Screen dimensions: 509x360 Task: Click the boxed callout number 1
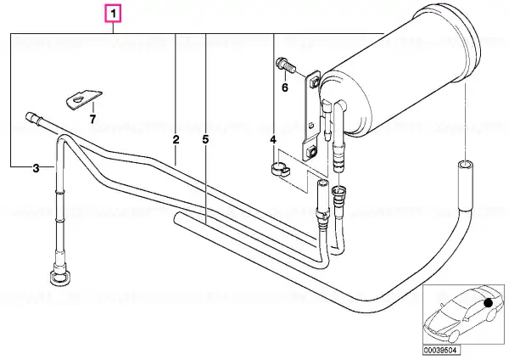coord(113,14)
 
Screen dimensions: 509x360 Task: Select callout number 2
coord(176,140)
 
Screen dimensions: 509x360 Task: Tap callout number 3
coord(36,168)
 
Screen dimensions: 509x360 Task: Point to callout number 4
coord(273,140)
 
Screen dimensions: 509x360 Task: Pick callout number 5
coord(205,140)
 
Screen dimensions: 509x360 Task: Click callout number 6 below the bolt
coord(285,87)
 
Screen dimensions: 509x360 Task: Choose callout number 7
coord(92,119)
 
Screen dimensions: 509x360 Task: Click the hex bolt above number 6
coord(285,65)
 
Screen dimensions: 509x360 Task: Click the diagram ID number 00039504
coord(441,351)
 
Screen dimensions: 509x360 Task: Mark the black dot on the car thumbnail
coord(488,303)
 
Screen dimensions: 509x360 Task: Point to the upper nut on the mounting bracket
coord(313,83)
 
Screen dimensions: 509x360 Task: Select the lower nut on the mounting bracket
coord(311,151)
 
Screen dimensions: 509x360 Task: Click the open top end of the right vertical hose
coord(465,164)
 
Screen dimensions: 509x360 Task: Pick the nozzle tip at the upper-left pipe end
coord(31,115)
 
